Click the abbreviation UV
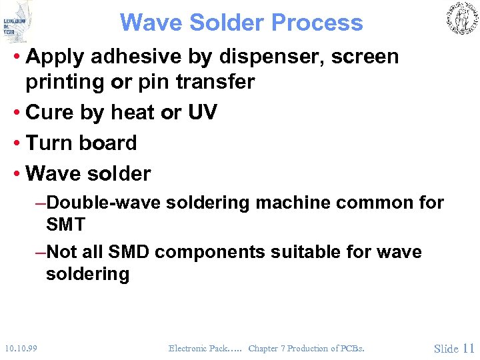click(203, 113)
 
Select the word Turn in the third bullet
click(49, 143)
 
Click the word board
click(108, 143)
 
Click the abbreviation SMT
click(66, 225)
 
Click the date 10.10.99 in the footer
click(20, 348)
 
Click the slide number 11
click(468, 348)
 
